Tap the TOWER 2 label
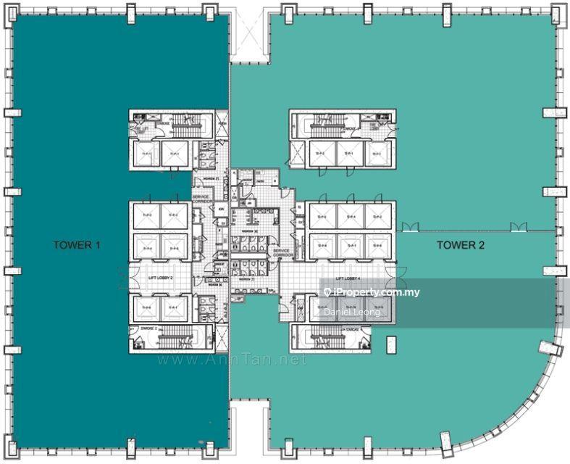click(461, 245)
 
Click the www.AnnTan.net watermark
click(231, 360)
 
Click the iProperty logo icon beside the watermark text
click(327, 292)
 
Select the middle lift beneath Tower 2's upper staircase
click(350, 154)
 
